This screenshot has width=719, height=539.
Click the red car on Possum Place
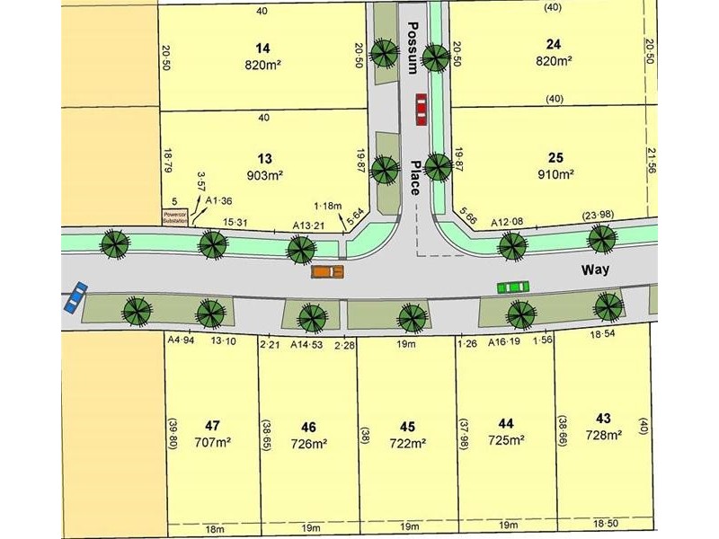point(421,110)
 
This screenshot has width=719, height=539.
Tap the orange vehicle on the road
point(327,270)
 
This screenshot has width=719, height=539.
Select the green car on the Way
point(512,287)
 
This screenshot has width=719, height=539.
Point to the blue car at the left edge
point(75,296)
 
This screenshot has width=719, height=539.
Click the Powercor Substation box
point(174,218)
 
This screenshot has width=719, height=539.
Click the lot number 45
point(408,427)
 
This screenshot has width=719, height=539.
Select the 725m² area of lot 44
point(507,439)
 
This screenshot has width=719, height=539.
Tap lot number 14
point(262,48)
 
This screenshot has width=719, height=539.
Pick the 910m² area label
point(555,173)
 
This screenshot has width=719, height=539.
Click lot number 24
point(554,43)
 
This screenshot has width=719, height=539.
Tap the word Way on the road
point(593,269)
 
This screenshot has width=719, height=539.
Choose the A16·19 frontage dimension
point(505,342)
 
